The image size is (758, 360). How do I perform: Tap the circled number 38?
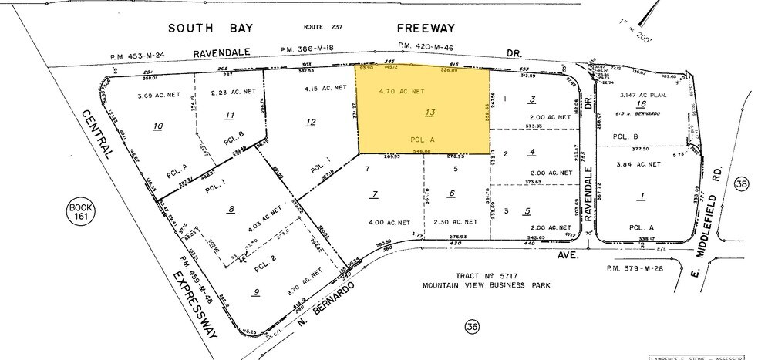(743, 184)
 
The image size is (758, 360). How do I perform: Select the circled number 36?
(471, 328)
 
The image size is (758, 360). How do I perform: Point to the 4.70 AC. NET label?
(403, 91)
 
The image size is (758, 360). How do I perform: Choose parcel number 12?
(310, 122)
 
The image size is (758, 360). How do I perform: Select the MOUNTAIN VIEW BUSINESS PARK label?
(470, 285)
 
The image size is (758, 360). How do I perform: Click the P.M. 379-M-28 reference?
(632, 269)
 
